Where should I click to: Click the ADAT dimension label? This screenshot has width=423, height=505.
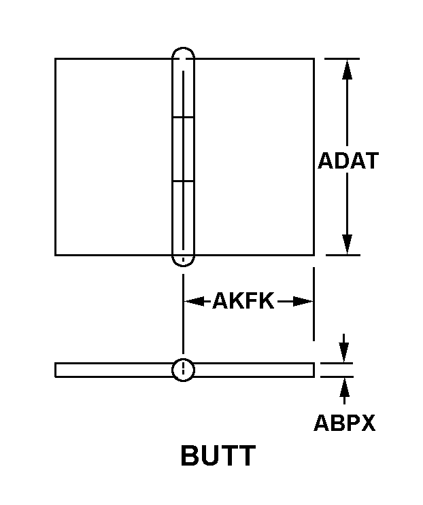(348, 160)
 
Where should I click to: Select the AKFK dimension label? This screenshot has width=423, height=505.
(243, 301)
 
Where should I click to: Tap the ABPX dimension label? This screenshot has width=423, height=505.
(345, 423)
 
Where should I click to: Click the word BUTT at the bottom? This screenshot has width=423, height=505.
(218, 455)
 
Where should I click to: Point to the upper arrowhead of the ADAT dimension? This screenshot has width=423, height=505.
(347, 69)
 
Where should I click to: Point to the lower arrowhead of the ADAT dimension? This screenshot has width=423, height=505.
(347, 245)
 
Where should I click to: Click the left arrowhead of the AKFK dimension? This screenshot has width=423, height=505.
(194, 302)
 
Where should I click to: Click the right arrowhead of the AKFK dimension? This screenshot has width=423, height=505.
(303, 302)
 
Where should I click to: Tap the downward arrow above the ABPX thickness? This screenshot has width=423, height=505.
(344, 348)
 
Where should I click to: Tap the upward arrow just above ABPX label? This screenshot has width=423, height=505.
(344, 390)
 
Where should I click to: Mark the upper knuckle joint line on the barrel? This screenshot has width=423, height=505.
(183, 117)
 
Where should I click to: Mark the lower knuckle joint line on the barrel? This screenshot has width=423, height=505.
(183, 181)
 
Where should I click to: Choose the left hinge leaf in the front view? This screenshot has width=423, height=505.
(114, 157)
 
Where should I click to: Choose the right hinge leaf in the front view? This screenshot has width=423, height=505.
(254, 157)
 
